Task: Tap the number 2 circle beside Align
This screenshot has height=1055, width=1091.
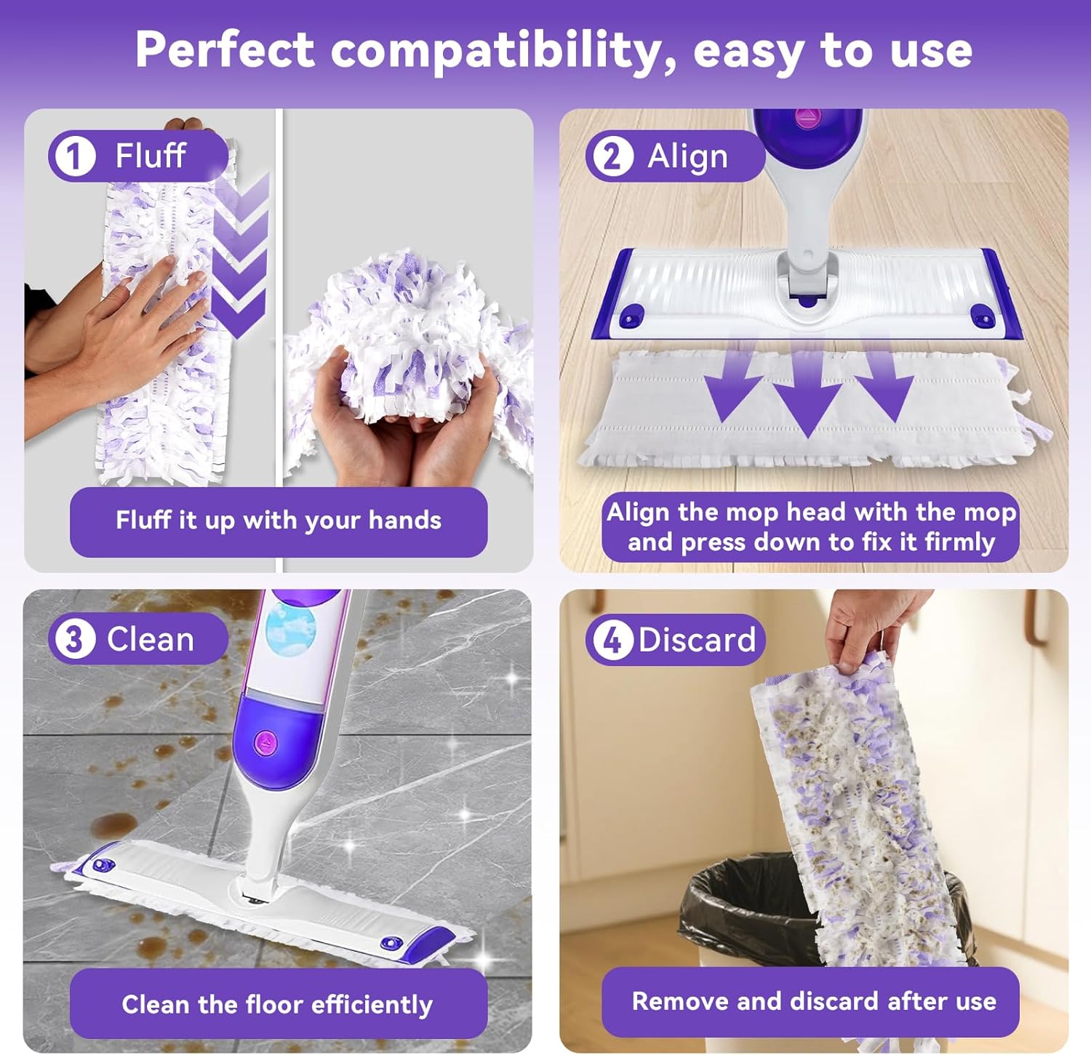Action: (x=612, y=156)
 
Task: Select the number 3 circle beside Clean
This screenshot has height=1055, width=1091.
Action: (x=74, y=640)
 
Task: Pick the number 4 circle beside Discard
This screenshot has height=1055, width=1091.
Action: (x=612, y=641)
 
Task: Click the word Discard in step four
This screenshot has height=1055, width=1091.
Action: (x=697, y=640)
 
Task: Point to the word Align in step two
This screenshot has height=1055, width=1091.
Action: (x=687, y=156)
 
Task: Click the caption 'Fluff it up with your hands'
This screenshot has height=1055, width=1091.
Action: (x=279, y=521)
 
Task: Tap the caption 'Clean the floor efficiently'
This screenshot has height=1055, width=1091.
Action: (x=277, y=1004)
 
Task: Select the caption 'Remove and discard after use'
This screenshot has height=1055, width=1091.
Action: (x=813, y=1001)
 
